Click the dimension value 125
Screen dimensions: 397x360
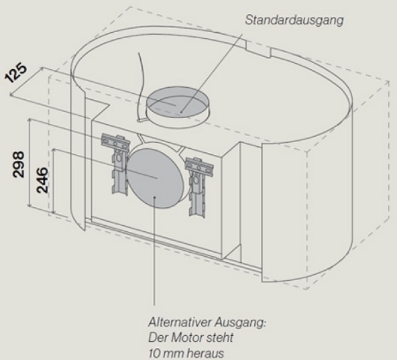[15, 73]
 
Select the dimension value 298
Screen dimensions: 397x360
[19, 164]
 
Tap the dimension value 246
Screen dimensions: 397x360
[42, 180]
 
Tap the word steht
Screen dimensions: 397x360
[217, 337]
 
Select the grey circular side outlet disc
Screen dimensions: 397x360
[155, 177]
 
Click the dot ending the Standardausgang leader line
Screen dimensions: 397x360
[181, 112]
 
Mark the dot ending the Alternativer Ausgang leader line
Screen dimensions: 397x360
[154, 198]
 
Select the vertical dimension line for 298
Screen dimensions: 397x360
[30, 163]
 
